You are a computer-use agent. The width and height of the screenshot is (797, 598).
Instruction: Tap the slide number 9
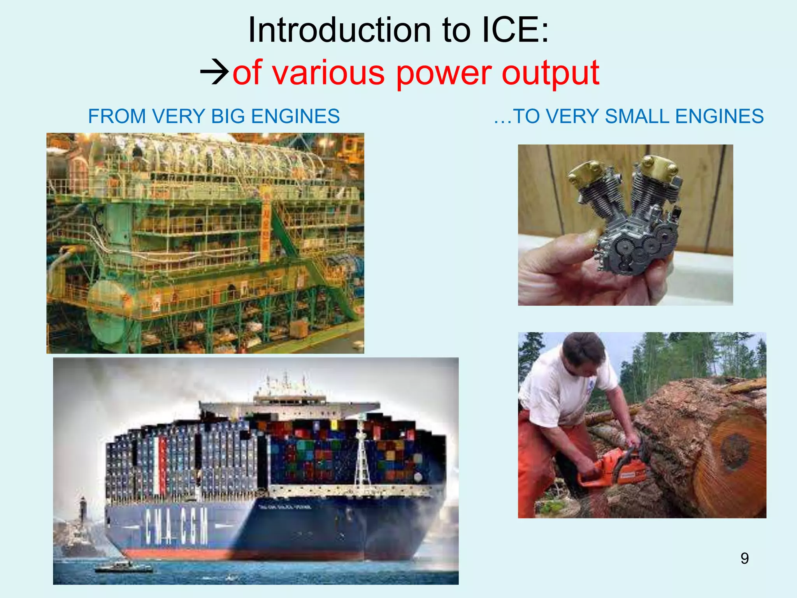(744, 558)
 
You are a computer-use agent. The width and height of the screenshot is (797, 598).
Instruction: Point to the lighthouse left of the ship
(83, 510)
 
